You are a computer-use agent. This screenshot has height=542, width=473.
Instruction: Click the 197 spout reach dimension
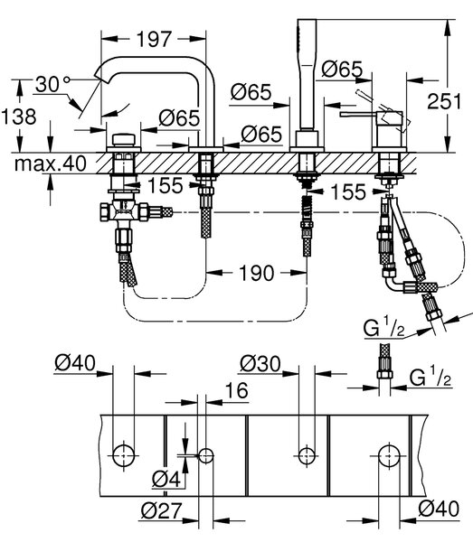click(154, 39)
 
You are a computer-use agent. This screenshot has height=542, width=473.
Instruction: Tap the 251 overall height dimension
click(444, 101)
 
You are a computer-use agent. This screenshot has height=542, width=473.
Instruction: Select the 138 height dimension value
click(19, 117)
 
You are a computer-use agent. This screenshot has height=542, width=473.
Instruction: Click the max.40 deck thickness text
click(51, 164)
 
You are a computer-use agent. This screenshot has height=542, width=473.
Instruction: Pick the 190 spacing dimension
click(256, 273)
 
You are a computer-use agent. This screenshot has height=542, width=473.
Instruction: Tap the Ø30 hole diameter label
click(260, 364)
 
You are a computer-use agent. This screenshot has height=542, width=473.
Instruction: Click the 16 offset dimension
click(237, 390)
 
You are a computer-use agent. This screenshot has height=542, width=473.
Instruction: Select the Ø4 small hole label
click(166, 479)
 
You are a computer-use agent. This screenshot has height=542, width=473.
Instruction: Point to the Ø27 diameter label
click(161, 510)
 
